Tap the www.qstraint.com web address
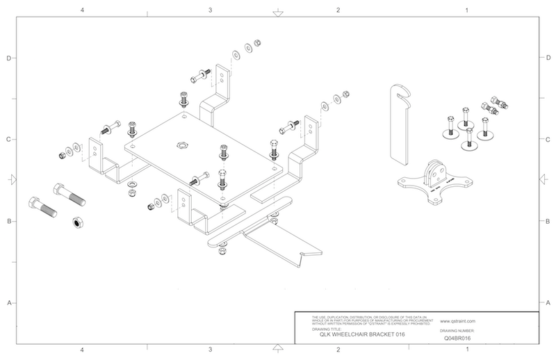coord(457,322)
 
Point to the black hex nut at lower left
coord(78,223)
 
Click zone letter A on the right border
coord(548,302)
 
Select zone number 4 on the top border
coord(83,10)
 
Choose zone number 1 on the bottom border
coord(467,350)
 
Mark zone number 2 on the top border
coord(338,10)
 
